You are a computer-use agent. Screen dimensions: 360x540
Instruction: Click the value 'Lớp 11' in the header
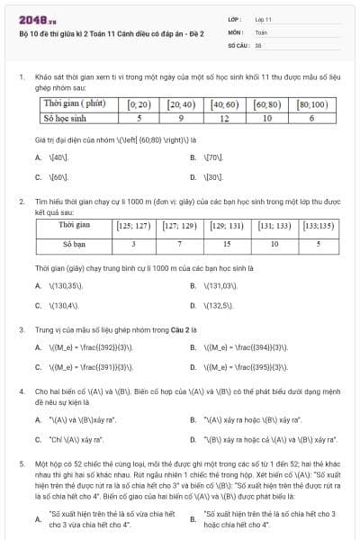(x=264, y=18)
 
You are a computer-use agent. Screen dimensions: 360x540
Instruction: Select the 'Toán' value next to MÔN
(x=261, y=31)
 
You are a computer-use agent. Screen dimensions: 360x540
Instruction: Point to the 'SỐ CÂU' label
(x=237, y=43)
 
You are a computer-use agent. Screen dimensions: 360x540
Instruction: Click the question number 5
(x=21, y=461)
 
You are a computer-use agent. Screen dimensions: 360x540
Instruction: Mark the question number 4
(x=21, y=391)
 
